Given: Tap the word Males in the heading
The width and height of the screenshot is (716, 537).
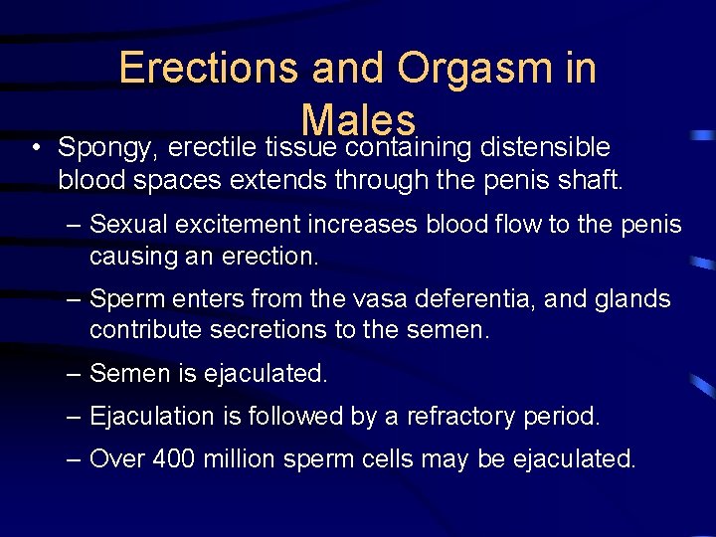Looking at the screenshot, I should [x=358, y=120].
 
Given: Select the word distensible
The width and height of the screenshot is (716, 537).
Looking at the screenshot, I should [x=545, y=148].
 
